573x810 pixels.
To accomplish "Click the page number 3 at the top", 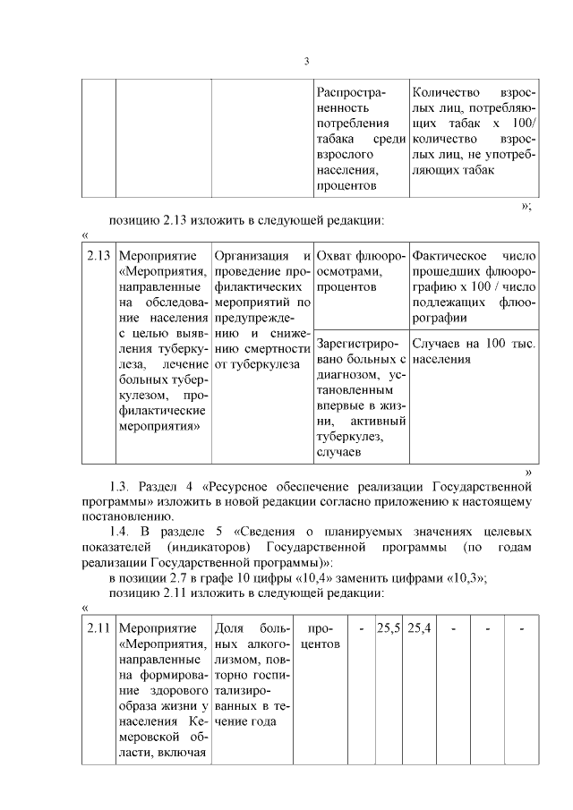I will pyautogui.click(x=306, y=62).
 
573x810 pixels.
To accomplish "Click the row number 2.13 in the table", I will pyautogui.click(x=98, y=255).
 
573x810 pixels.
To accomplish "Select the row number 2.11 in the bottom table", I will pyautogui.click(x=98, y=630).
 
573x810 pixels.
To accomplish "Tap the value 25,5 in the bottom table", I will pyautogui.click(x=388, y=630).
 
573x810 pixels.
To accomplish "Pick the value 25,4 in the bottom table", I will pyautogui.click(x=419, y=630).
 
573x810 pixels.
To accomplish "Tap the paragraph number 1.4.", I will pyautogui.click(x=122, y=532).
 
